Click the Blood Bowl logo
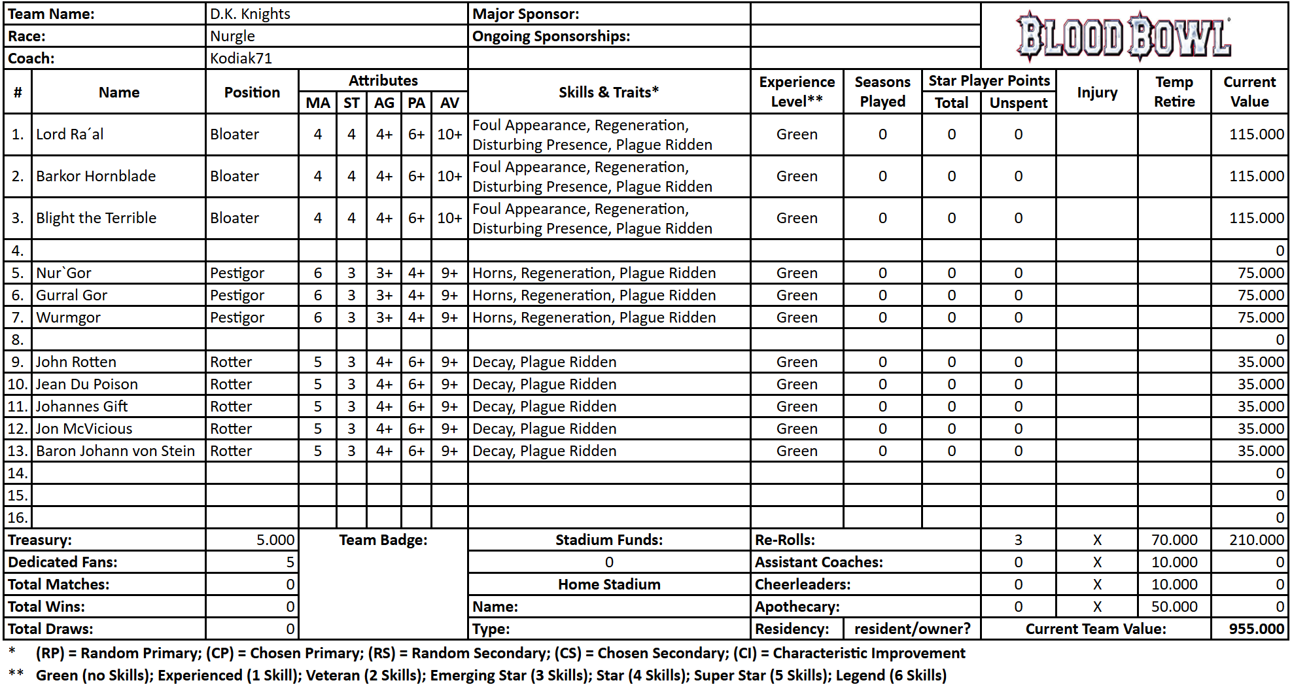pos(1123,37)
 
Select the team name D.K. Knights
pos(250,14)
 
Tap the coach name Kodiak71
pos(241,58)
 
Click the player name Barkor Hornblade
pos(96,176)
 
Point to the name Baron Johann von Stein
pos(115,451)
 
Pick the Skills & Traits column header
pos(608,92)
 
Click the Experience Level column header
pos(797,92)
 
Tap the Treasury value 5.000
pos(275,540)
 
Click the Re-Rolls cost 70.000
pos(1174,540)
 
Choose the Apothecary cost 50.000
pos(1174,607)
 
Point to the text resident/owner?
pos(912,629)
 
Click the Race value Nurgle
pos(232,36)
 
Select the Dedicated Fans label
pos(63,562)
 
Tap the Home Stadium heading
pos(609,584)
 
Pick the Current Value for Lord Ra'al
pos(1256,134)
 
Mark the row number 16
pos(18,518)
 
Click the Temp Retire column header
pos(1174,92)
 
